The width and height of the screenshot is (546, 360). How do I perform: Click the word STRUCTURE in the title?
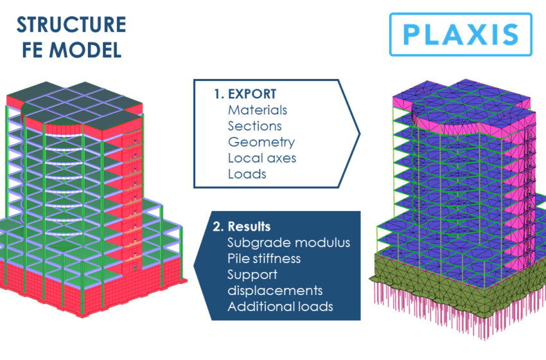(71, 25)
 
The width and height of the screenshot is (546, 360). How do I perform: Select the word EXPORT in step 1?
(253, 94)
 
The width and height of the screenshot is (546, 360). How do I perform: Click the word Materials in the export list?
(258, 110)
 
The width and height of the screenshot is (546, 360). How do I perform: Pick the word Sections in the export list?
(254, 126)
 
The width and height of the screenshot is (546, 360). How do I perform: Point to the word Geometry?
(261, 142)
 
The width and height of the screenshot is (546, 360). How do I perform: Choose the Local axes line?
(262, 157)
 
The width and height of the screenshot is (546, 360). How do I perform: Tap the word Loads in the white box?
(247, 174)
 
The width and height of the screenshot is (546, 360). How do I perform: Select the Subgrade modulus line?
(288, 243)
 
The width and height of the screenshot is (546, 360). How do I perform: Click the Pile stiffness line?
(264, 258)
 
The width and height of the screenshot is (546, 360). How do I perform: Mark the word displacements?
(274, 291)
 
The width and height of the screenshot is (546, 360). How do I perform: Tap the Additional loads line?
(280, 307)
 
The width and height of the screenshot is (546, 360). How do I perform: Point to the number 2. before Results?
(218, 227)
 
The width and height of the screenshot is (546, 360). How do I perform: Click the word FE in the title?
(38, 50)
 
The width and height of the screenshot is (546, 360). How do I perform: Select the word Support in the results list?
(251, 274)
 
